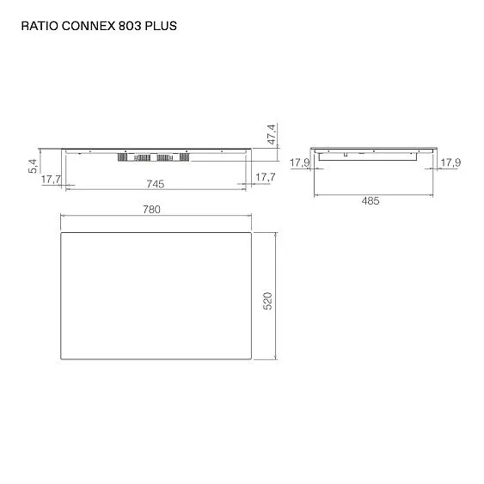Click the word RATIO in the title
point(38,27)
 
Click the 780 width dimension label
point(151,209)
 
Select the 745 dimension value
point(156,183)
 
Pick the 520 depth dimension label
point(267,301)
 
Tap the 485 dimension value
point(371,201)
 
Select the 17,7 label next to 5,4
point(51,179)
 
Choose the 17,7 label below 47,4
point(265,177)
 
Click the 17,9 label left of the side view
point(298,162)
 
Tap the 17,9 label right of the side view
point(450,162)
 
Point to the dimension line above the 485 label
point(371,193)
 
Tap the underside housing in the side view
point(371,157)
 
